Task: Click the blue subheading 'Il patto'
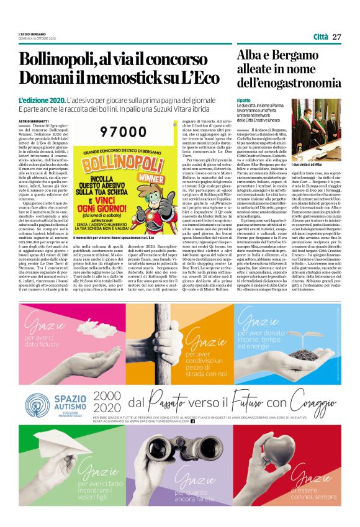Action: point(243,100)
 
